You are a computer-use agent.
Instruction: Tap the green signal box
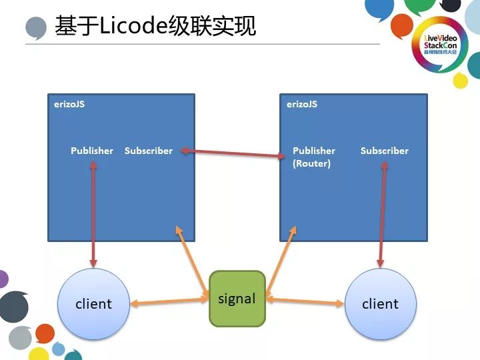click(237, 299)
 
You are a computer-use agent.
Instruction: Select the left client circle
click(93, 303)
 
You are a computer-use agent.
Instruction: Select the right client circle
click(381, 303)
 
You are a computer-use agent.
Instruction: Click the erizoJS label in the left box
click(69, 104)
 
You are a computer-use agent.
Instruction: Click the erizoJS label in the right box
click(301, 104)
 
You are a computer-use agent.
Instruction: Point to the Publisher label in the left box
click(92, 151)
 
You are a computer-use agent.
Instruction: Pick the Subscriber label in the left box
click(148, 151)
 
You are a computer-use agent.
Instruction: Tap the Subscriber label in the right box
click(384, 151)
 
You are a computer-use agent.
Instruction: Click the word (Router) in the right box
click(311, 163)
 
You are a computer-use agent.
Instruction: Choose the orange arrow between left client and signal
click(169, 302)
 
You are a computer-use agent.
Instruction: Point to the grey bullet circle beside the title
click(36, 29)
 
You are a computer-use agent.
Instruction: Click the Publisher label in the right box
click(313, 151)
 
